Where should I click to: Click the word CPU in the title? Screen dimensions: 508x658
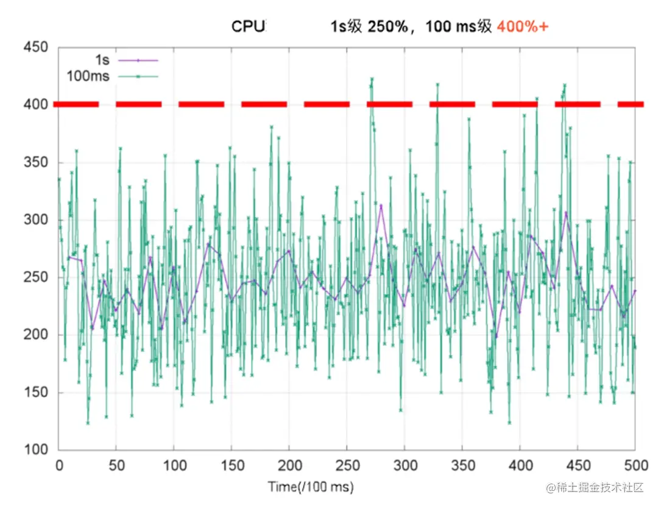click(249, 27)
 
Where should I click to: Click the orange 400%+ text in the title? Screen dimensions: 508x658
click(522, 27)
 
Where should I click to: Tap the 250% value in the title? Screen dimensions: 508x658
click(387, 27)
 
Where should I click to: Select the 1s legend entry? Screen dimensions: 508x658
click(102, 60)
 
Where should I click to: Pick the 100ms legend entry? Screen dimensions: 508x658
click(88, 76)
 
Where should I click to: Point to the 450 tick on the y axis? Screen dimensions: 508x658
click(36, 48)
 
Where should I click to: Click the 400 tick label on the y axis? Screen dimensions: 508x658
click(36, 105)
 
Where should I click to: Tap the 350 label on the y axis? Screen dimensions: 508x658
click(36, 163)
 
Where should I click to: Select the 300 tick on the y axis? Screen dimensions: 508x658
click(36, 220)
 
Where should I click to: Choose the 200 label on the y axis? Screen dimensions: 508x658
click(36, 335)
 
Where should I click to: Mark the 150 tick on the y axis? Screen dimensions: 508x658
click(36, 393)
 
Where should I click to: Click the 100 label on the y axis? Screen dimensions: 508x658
click(36, 450)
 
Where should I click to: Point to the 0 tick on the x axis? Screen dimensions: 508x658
click(59, 465)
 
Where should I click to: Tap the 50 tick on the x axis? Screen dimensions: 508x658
click(116, 465)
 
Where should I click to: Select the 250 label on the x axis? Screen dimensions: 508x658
click(347, 465)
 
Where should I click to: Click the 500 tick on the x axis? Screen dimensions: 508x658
click(635, 465)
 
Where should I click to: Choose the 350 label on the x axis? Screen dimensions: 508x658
click(462, 465)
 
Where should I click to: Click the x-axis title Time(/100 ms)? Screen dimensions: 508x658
click(311, 487)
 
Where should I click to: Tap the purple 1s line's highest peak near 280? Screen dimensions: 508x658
click(381, 205)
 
